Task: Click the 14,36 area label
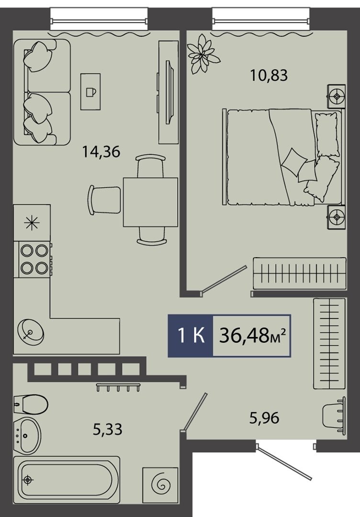101,152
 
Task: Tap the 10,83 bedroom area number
269,75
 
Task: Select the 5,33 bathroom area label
107,429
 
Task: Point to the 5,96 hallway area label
264,418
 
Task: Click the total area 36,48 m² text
252,336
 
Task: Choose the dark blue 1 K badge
191,336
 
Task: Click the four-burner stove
33,259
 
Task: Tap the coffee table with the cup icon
90,91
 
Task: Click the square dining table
151,202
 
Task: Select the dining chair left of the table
105,200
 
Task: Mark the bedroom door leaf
224,279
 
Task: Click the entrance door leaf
284,461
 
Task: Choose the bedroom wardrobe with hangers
300,273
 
